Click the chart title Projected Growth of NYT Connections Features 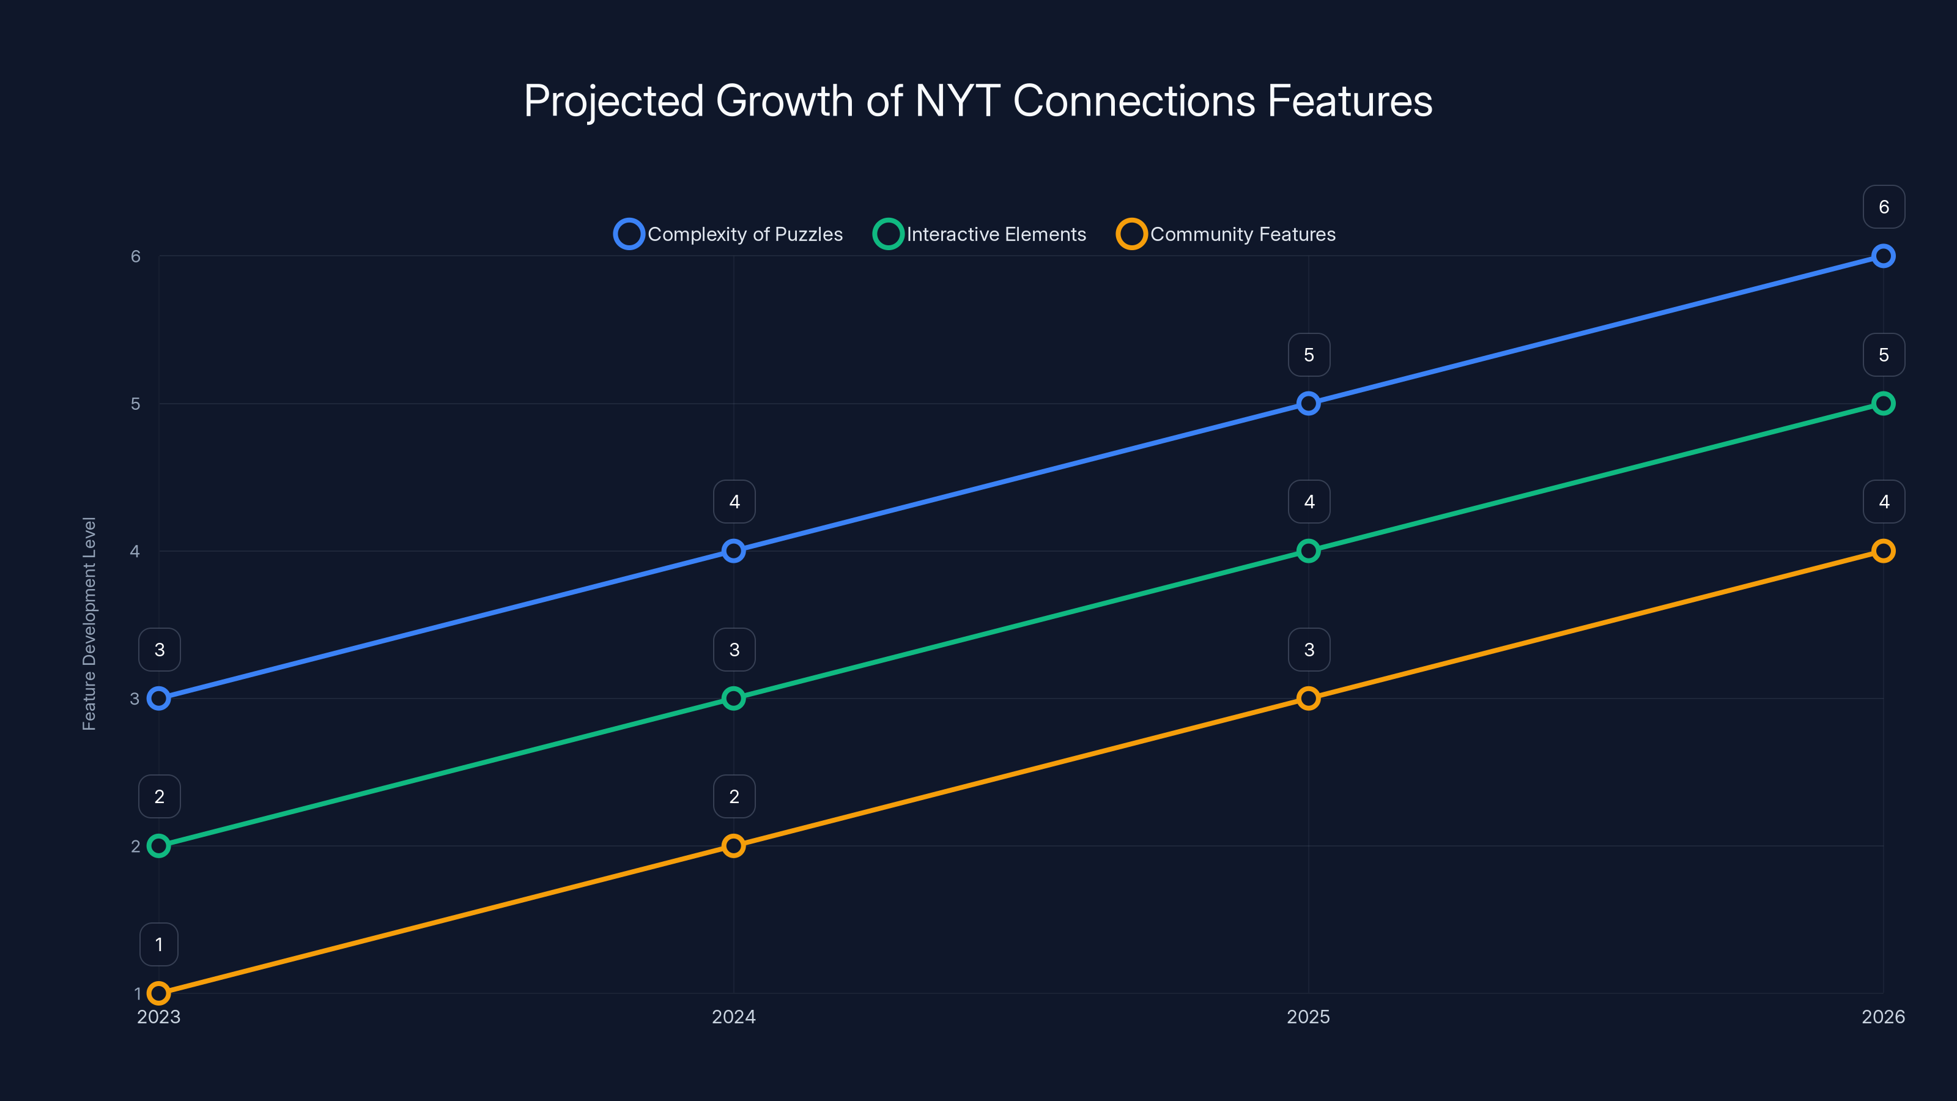pos(978,101)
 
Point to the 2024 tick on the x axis pos(734,1017)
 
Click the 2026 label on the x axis pos(1882,1017)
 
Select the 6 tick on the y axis pos(135,256)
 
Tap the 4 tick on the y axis pos(135,551)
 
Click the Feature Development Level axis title pos(90,624)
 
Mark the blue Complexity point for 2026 pos(1882,256)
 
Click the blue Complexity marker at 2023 pos(159,699)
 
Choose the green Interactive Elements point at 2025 pos(1308,551)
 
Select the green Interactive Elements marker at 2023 pos(159,846)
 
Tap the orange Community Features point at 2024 pos(734,846)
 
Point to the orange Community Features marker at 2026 pos(1882,551)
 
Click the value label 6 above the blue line pos(1884,207)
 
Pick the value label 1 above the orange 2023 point pos(159,944)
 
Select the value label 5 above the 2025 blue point pos(1309,355)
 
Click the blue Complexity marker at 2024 pos(734,551)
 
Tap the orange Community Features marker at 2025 pos(1308,699)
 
